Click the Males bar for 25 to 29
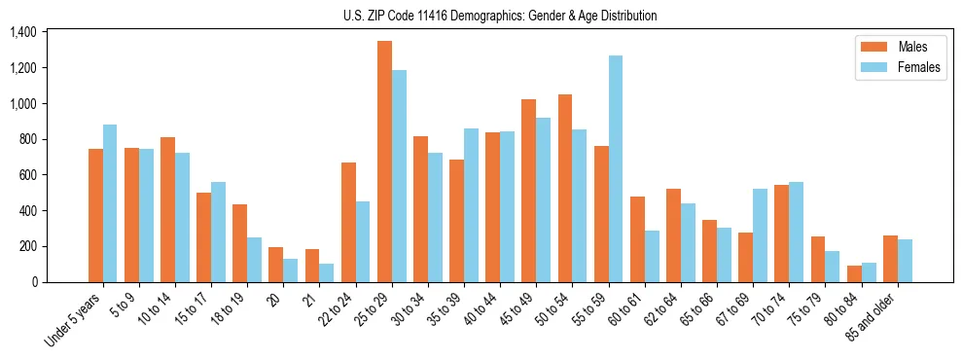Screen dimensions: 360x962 (384, 162)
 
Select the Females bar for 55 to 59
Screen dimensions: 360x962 (616, 168)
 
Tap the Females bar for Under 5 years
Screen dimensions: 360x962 (110, 203)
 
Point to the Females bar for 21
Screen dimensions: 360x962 (327, 272)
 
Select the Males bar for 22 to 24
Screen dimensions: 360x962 (348, 222)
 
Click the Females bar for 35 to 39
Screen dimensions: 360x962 (472, 205)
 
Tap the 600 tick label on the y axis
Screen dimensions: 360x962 (27, 175)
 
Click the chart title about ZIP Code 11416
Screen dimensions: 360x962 (500, 16)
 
